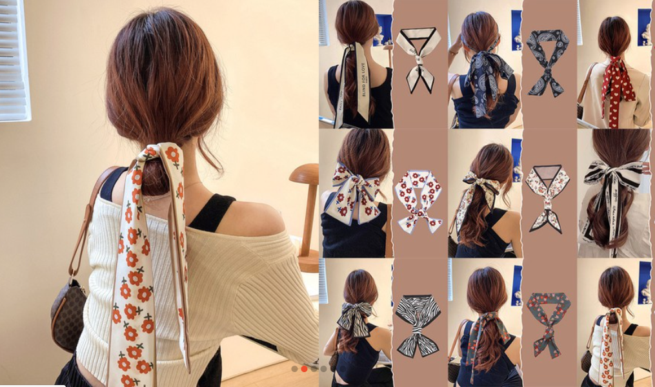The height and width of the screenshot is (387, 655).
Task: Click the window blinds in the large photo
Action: click(14, 61)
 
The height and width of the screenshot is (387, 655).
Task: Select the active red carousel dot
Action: click(304, 369)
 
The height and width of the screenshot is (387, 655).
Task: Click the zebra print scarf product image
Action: click(418, 323)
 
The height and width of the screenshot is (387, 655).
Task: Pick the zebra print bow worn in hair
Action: click(354, 317)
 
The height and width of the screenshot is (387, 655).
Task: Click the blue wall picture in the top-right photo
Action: click(644, 26)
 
